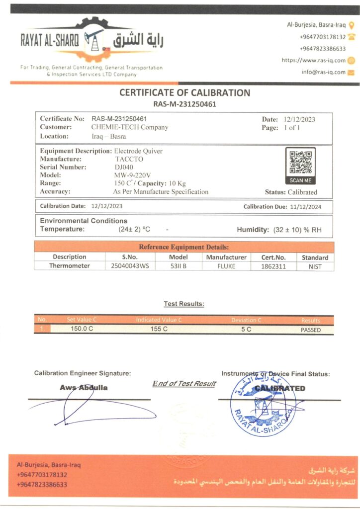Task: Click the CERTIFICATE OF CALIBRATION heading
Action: pyautogui.click(x=184, y=93)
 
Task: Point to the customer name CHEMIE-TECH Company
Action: pyautogui.click(x=130, y=127)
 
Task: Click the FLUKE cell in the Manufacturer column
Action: pyautogui.click(x=226, y=266)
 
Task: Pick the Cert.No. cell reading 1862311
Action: pyautogui.click(x=273, y=266)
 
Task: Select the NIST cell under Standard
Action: pyautogui.click(x=315, y=266)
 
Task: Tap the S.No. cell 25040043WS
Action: pyautogui.click(x=130, y=266)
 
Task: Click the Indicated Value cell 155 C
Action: pyautogui.click(x=159, y=330)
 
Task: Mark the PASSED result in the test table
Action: pyautogui.click(x=311, y=330)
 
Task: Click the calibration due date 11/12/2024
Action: pyautogui.click(x=303, y=206)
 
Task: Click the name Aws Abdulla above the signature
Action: pyautogui.click(x=84, y=388)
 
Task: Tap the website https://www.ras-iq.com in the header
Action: pyautogui.click(x=313, y=60)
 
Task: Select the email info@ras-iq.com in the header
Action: pyautogui.click(x=323, y=72)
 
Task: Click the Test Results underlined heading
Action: pyautogui.click(x=184, y=304)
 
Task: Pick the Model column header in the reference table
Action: pyautogui.click(x=178, y=257)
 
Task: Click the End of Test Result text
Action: pyautogui.click(x=184, y=383)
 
